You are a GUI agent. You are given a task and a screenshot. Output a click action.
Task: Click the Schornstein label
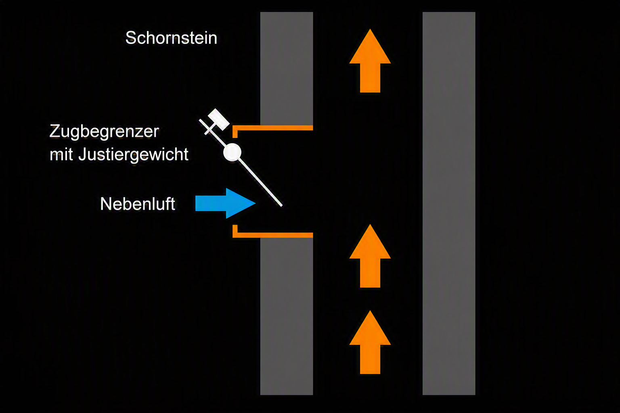171,38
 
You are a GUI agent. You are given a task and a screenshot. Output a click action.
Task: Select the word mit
61,154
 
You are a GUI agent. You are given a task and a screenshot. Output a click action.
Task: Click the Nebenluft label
138,204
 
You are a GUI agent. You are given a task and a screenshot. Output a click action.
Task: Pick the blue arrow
225,203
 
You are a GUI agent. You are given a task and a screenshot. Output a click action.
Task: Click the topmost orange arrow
370,60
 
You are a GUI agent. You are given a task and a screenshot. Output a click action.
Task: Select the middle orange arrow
370,256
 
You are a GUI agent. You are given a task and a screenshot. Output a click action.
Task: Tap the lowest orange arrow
370,342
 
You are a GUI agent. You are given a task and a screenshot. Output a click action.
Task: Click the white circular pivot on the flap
232,152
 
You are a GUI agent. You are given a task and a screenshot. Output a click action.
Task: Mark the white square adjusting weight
219,119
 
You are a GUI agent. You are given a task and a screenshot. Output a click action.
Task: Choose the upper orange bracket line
272,128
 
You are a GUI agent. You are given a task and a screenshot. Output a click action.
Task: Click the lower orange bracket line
272,235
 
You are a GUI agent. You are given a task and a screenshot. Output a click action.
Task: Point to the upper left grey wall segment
287,69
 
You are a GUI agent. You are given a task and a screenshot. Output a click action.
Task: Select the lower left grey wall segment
287,316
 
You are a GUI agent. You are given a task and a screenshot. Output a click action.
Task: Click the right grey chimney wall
449,203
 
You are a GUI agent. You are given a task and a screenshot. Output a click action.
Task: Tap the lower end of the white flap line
281,206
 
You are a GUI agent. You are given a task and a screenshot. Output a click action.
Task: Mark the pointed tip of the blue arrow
255,203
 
